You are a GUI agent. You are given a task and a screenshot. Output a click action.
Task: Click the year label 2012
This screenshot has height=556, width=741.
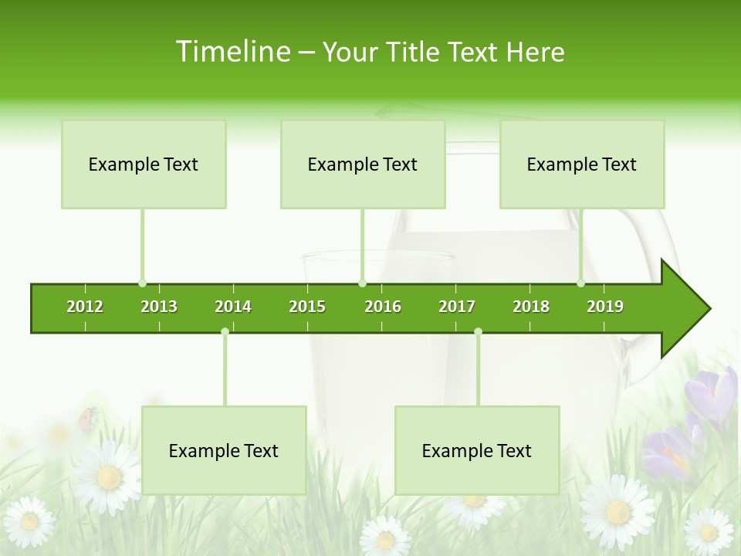(85, 307)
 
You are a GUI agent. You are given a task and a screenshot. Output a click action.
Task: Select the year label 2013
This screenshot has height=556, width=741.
(159, 307)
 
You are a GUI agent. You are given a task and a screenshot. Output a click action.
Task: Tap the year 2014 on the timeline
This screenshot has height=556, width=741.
(233, 307)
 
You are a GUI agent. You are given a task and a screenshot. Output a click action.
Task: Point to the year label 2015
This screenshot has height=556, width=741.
(307, 307)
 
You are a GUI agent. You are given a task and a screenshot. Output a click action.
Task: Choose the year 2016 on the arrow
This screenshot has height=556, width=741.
(383, 307)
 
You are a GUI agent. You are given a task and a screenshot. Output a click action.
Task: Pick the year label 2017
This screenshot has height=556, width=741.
(457, 307)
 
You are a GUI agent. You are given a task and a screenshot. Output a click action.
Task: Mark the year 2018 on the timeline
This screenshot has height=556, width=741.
(531, 307)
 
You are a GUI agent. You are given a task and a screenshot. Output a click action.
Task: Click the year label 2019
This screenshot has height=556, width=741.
(605, 307)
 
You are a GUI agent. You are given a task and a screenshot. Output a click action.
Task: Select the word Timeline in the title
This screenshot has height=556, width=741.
(232, 52)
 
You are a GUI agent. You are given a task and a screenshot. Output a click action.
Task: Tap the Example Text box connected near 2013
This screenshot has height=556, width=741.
(144, 164)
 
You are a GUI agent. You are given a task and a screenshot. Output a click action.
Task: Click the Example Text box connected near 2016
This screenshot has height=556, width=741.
(363, 164)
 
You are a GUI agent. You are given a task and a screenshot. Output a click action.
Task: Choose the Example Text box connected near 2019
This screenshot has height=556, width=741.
(582, 164)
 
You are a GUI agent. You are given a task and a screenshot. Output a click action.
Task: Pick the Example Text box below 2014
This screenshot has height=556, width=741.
(224, 450)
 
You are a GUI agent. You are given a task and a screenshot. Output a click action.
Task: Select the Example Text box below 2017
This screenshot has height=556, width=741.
(477, 450)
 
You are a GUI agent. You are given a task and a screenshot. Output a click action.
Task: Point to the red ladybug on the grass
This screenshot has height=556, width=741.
(89, 418)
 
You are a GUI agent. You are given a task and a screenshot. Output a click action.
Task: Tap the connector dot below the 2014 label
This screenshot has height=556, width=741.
(225, 331)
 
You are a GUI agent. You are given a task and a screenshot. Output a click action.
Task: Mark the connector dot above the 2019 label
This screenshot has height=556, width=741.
(581, 283)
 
